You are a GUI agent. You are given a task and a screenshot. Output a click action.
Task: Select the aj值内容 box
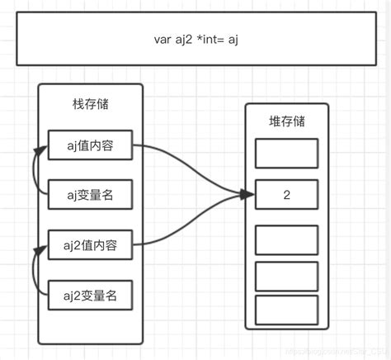tap(90, 146)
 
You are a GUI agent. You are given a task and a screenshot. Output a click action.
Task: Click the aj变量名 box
tap(90, 195)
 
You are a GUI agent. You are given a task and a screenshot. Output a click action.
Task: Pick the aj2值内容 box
tap(90, 244)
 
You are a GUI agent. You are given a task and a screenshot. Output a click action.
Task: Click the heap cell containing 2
tap(286, 195)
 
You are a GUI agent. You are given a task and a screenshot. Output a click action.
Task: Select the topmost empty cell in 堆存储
tap(286, 154)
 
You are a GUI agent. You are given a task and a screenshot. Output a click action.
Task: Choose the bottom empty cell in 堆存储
tap(286, 310)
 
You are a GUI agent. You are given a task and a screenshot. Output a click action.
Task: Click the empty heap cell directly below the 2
tap(286, 239)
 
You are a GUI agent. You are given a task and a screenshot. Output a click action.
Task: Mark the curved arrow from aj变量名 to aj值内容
tap(34, 171)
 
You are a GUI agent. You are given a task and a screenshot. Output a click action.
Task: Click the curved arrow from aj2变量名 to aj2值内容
tap(34, 269)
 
